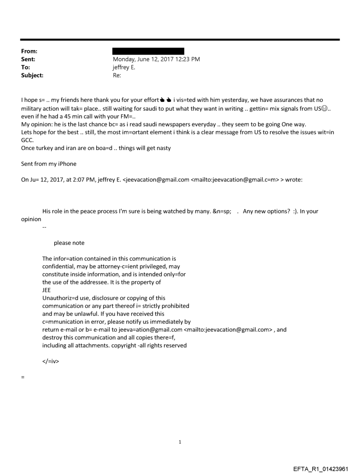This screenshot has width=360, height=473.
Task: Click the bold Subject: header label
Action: [x=32, y=75]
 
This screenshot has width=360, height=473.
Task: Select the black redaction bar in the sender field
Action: [x=148, y=51]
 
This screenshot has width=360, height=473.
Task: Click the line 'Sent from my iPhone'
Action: [x=49, y=164]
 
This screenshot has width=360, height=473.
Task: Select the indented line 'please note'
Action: [x=69, y=243]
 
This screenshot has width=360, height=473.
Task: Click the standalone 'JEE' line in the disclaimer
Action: [x=46, y=290]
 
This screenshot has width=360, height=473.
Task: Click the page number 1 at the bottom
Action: [x=180, y=442]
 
